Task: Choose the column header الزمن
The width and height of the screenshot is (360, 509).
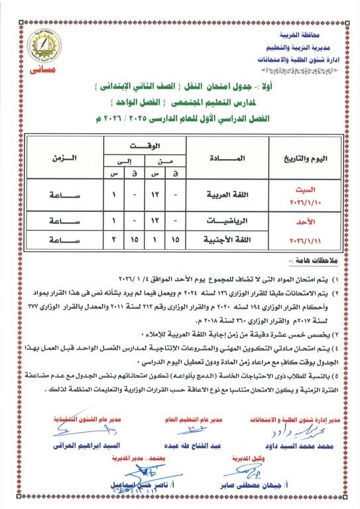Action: pos(63,159)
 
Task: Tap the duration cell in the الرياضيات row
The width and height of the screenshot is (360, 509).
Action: pos(63,221)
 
